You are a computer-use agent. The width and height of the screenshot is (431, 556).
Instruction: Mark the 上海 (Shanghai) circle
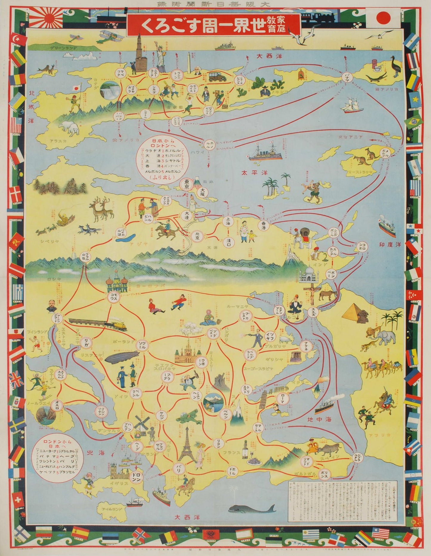coord(228,221)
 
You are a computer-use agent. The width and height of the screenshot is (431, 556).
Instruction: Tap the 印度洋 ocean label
coord(390,244)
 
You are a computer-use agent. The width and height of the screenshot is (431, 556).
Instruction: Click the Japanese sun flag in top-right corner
coord(383,18)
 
